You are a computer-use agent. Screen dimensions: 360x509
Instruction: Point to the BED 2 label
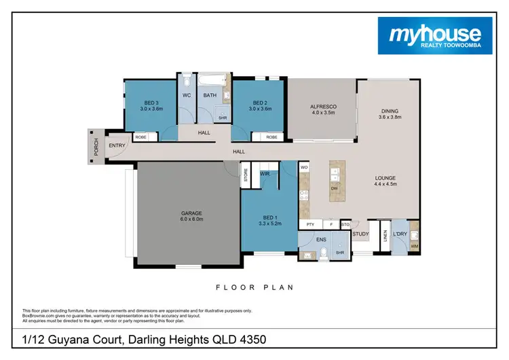260,105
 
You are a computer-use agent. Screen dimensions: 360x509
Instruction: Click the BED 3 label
152,105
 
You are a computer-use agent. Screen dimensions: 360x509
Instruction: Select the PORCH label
97,145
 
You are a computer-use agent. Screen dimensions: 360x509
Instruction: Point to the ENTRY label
116,145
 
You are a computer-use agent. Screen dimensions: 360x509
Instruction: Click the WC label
185,96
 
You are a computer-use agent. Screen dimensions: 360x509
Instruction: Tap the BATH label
210,96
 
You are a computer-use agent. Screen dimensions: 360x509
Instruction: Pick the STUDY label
360,234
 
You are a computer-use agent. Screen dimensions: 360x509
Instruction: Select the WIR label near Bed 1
265,175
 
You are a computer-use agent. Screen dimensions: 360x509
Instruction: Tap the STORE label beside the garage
246,173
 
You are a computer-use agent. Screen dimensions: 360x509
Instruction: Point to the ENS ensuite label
322,238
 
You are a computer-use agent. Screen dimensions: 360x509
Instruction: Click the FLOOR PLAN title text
254,287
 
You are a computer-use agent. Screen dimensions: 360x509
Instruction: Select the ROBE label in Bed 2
271,137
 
